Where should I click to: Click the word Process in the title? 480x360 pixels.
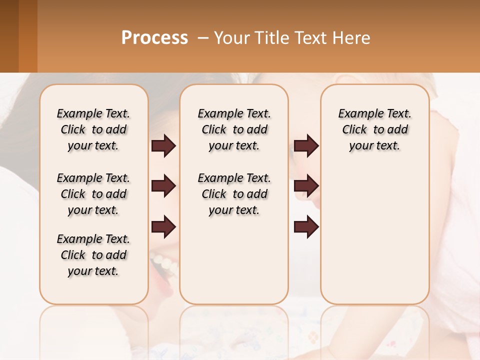(x=154, y=38)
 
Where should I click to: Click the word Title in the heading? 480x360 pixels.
(x=271, y=38)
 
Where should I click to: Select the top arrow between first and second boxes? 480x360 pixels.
(x=163, y=145)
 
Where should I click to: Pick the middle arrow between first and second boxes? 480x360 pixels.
(x=163, y=186)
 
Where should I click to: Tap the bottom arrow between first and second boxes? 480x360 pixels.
(x=163, y=227)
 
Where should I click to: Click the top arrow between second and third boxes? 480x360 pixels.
(x=306, y=145)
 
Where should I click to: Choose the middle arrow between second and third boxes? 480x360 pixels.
(x=306, y=186)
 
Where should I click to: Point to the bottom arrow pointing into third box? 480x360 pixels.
(x=306, y=227)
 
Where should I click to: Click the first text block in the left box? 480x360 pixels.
(x=93, y=129)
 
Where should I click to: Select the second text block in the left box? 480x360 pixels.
(x=93, y=194)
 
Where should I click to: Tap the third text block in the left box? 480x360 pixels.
(x=93, y=255)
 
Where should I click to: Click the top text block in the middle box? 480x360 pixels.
(x=234, y=129)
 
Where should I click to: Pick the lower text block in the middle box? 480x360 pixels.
(x=234, y=194)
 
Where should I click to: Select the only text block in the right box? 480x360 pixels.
(x=374, y=129)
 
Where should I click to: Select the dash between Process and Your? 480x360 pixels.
(x=203, y=38)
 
